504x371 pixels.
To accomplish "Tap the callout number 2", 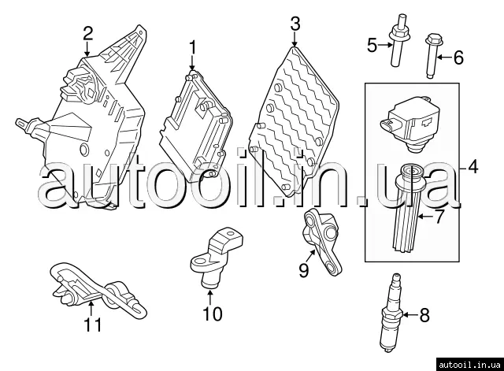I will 87,33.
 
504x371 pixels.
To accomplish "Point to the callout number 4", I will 472,166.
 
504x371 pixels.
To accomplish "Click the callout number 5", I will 372,46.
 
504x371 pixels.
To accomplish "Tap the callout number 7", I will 440,214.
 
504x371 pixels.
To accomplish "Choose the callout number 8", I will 424,317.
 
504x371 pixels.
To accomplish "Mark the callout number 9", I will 302,271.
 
